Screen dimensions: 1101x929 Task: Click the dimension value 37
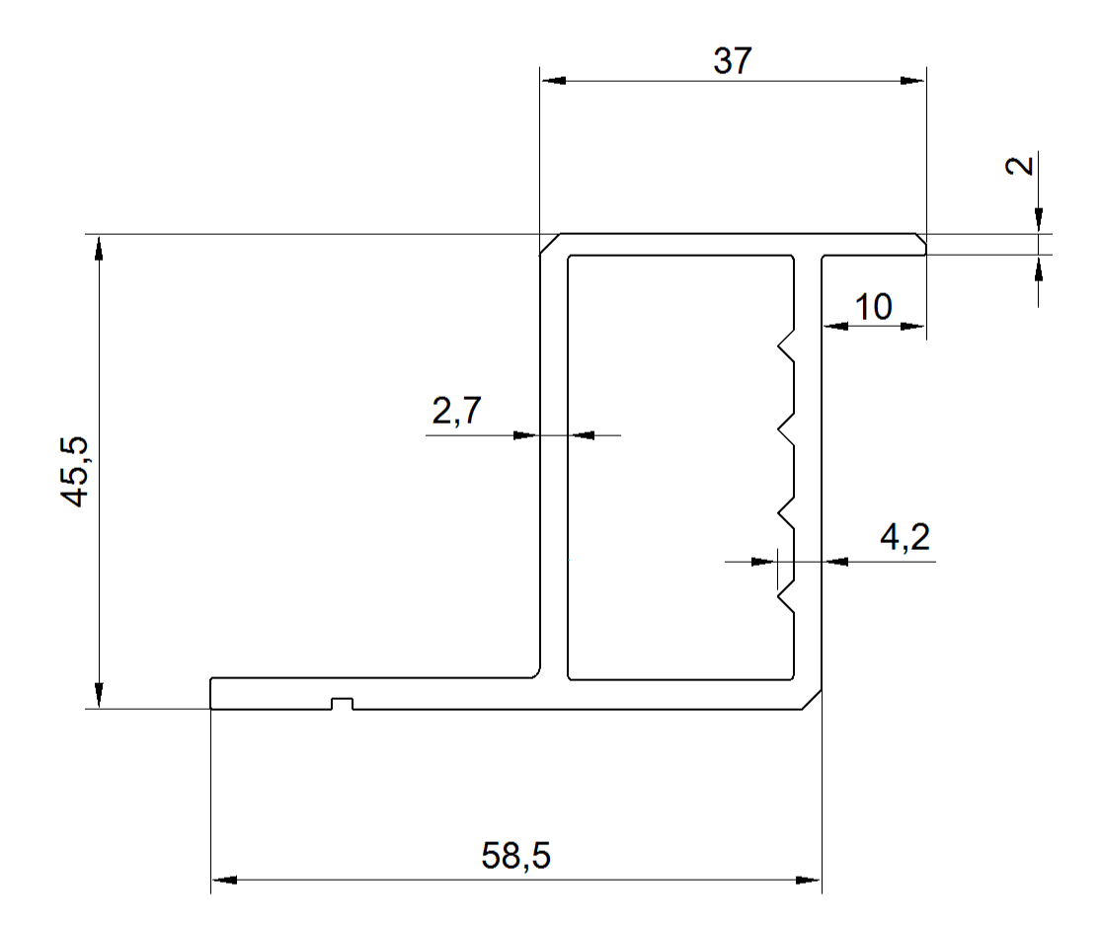click(x=733, y=61)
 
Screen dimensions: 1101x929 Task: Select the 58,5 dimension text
click(x=516, y=856)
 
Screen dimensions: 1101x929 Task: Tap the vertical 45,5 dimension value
click(x=74, y=471)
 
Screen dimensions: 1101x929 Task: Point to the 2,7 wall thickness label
click(x=456, y=411)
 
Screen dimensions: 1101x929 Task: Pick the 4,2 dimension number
click(x=905, y=538)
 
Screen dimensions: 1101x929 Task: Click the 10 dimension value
click(x=874, y=308)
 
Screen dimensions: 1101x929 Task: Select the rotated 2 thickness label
click(x=1020, y=166)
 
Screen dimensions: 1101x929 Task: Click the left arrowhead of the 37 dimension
click(x=553, y=81)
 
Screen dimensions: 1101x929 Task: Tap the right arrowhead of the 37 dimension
click(x=912, y=81)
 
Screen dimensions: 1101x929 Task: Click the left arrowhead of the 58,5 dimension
click(x=224, y=880)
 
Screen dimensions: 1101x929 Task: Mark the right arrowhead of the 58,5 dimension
click(x=808, y=880)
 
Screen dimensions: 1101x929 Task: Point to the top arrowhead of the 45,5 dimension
click(x=99, y=248)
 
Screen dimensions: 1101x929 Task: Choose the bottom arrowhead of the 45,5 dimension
click(x=99, y=695)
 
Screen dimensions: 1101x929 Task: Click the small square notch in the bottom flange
click(x=342, y=704)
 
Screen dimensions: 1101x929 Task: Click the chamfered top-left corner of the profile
click(x=550, y=245)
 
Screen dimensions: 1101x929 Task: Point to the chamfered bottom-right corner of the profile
click(x=812, y=699)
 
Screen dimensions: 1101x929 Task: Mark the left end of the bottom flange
click(x=211, y=694)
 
